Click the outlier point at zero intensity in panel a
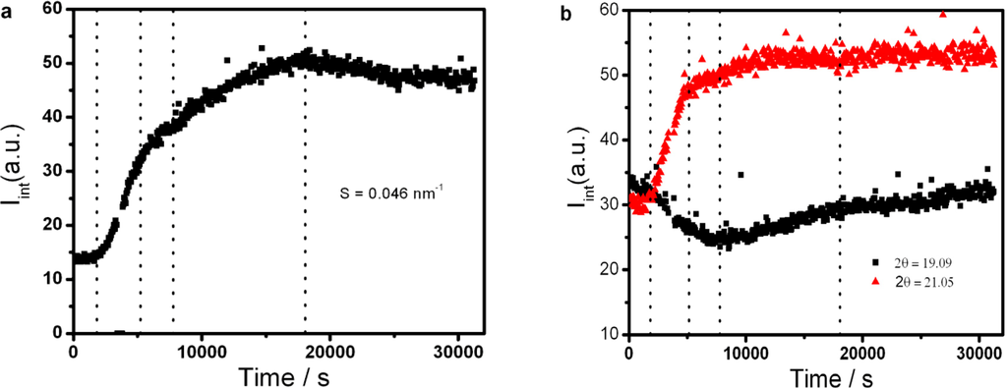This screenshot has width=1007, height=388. coord(120,332)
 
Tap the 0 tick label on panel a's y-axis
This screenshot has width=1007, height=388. coord(58,334)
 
